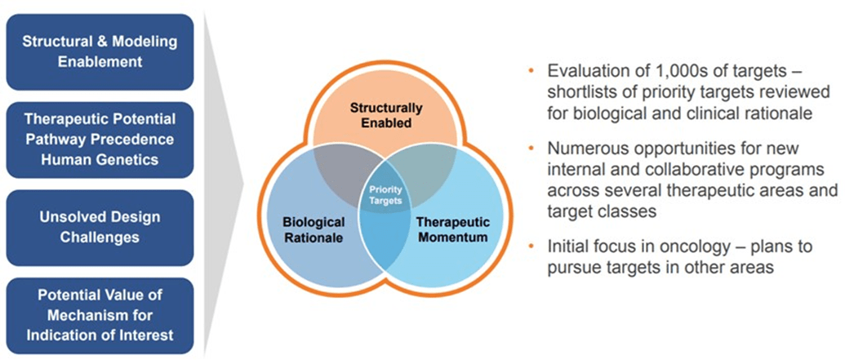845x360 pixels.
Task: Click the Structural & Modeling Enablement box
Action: (x=100, y=51)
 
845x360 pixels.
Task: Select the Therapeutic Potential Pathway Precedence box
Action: (x=100, y=139)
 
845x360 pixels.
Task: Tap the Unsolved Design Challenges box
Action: (x=100, y=227)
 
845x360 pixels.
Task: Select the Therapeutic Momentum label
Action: (x=452, y=229)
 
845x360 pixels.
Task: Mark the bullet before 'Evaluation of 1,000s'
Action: (x=532, y=69)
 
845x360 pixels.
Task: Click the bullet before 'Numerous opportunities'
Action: (x=532, y=149)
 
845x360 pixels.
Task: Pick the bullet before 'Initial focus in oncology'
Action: (x=532, y=246)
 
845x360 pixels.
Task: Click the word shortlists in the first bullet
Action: (x=576, y=91)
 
